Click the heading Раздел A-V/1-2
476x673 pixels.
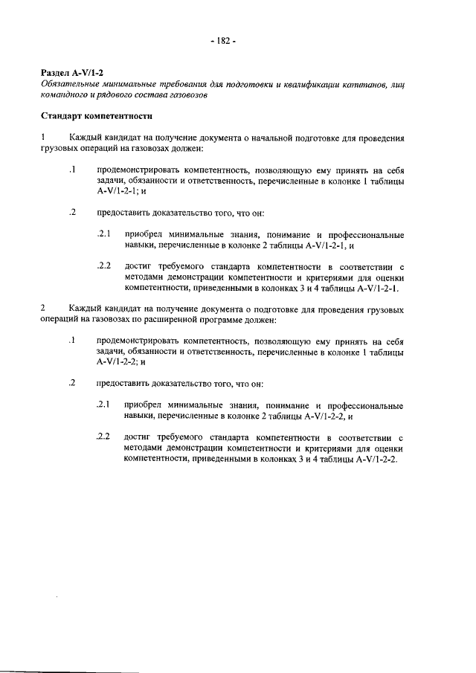(71, 74)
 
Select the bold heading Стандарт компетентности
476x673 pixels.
(97, 117)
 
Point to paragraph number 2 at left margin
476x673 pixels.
(44, 308)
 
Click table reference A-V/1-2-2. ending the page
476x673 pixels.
(377, 459)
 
